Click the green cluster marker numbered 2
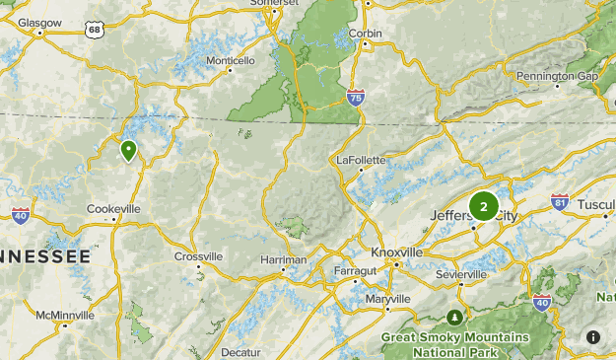483,206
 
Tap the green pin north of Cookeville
129,151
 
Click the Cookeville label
114,209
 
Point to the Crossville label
199,256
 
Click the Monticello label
231,60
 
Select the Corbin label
366,34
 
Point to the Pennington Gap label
558,76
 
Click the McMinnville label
65,316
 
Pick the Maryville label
387,299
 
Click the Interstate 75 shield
356,97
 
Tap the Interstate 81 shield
560,203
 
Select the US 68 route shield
94,30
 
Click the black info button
593,337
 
